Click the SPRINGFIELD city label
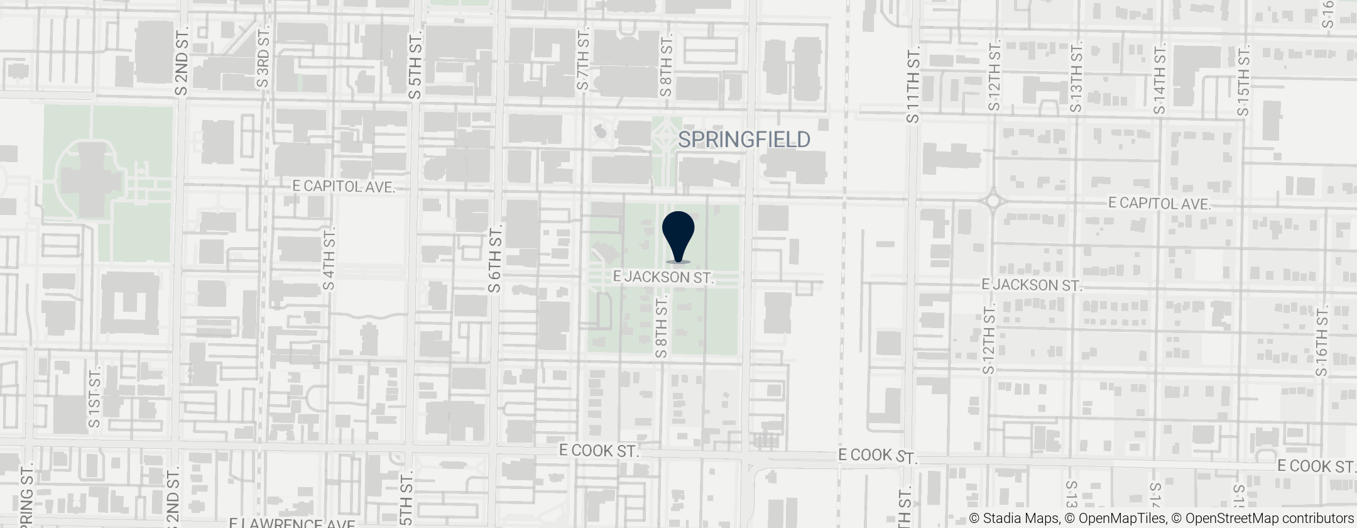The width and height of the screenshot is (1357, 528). point(744,140)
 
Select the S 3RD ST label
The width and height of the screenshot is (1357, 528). point(263,58)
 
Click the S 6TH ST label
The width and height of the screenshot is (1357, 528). point(495,258)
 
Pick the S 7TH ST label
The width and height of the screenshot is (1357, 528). point(584,58)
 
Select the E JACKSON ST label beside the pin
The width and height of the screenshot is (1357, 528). point(663,277)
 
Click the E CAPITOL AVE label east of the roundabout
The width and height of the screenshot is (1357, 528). point(1159,204)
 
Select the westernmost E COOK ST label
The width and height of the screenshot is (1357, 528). point(599,451)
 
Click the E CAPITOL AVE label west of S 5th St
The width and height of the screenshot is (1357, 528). point(344,187)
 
